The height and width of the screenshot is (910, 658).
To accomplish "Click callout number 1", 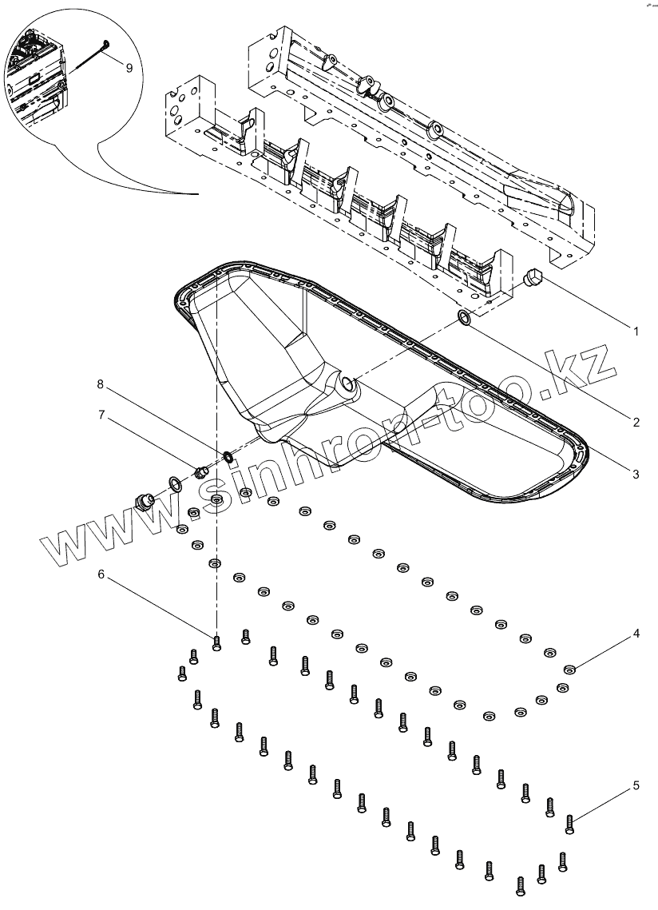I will tap(636, 329).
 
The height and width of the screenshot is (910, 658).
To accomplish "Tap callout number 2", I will tap(636, 423).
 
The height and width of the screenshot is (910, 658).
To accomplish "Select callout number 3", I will tap(636, 475).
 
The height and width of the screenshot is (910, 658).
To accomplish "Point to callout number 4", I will tap(636, 634).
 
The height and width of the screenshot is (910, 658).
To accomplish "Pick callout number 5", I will tap(636, 785).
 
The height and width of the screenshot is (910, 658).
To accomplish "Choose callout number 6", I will tap(101, 574).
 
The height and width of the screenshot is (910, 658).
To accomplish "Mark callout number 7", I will tap(101, 415).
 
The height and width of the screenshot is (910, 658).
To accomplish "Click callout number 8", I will tap(101, 384).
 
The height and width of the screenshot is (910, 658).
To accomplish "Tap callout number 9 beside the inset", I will tap(129, 68).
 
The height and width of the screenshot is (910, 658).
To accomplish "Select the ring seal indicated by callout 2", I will tap(464, 320).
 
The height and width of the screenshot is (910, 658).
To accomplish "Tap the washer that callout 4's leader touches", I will tap(569, 669).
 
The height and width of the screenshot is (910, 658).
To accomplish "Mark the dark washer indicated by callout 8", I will tap(227, 457).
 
